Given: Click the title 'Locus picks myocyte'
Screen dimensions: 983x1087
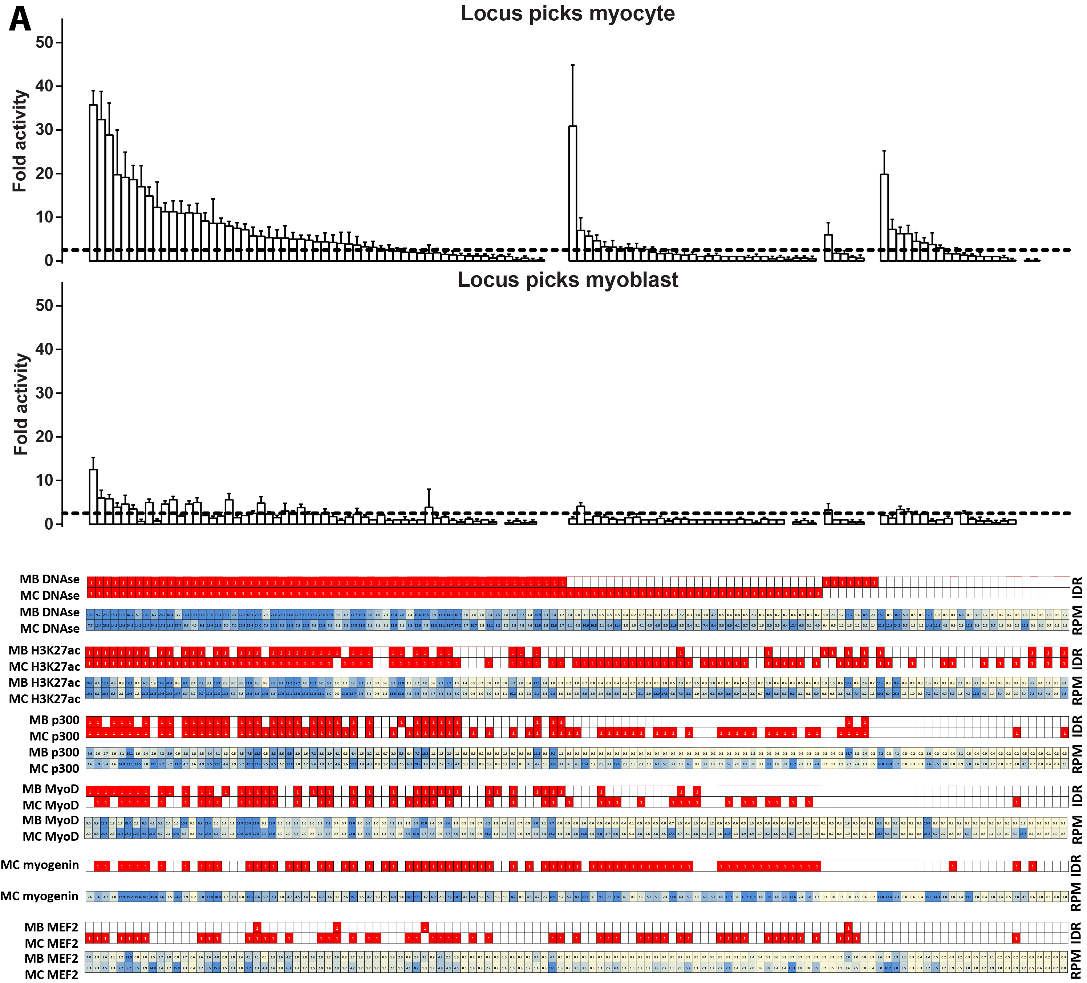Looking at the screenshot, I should (x=567, y=13).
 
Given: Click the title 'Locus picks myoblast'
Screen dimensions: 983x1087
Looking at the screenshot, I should (x=567, y=280).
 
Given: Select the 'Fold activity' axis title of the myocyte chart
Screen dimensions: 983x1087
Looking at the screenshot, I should (x=20, y=141).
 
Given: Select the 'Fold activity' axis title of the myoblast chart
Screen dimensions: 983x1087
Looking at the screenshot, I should (x=20, y=404).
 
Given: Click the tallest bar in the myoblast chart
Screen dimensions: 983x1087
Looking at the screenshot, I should (x=93, y=496).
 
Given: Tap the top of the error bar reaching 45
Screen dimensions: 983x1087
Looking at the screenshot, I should (x=573, y=65).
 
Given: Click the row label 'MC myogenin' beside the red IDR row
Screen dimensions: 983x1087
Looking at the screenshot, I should (x=40, y=865).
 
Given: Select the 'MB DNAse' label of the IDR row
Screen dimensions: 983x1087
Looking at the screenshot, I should (x=50, y=580).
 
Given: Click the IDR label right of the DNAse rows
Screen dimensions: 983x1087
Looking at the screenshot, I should (x=1077, y=587).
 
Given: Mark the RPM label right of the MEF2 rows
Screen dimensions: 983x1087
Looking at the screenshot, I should (x=1077, y=965).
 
